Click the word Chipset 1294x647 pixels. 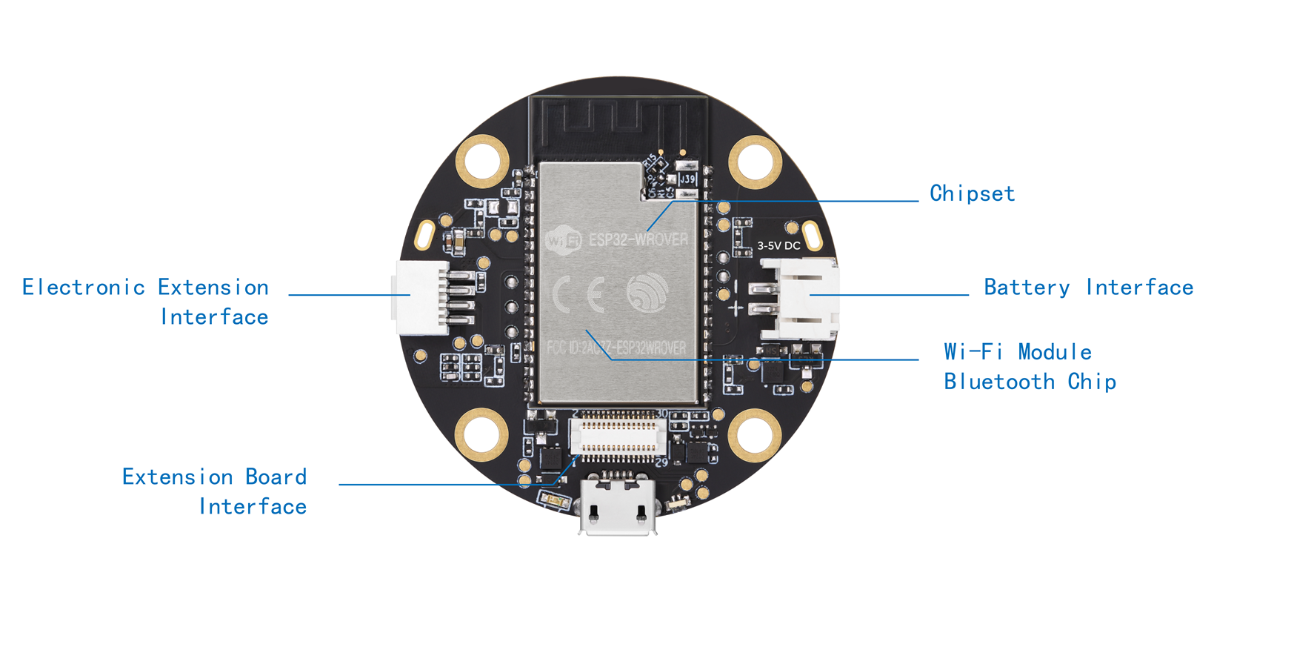coord(972,193)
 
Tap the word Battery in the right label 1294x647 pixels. coord(1027,288)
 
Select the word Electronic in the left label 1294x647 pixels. coord(83,288)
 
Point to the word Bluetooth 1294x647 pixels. coord(998,382)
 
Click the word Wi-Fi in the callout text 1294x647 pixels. coord(973,351)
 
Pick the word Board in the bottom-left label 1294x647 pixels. coord(276,477)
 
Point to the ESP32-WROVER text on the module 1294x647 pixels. coord(638,239)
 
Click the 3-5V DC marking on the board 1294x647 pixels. coord(778,245)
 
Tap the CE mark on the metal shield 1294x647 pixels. coord(578,295)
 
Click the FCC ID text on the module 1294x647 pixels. coord(616,348)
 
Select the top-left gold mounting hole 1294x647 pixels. coord(482,160)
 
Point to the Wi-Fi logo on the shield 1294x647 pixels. coord(563,240)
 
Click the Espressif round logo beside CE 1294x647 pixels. coord(647,292)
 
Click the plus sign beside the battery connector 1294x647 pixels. coord(735,308)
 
